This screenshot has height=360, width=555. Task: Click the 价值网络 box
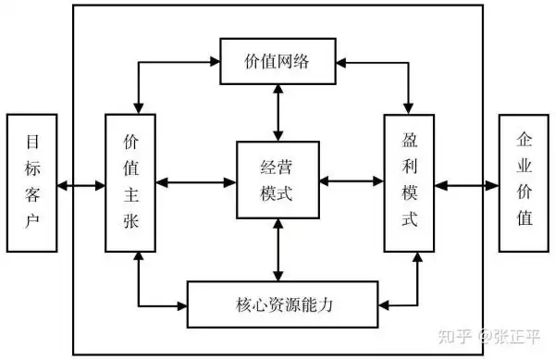[x=278, y=61]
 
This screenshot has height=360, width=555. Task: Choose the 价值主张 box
[x=130, y=182]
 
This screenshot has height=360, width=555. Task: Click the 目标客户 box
[x=31, y=182]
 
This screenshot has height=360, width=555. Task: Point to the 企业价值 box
[x=524, y=182]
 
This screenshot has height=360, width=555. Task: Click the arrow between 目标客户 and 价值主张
[x=80, y=186]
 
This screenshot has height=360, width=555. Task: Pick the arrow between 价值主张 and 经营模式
[x=196, y=182]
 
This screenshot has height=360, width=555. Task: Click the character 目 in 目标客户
[x=31, y=143]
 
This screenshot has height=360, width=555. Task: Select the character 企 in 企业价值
[x=524, y=141]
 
